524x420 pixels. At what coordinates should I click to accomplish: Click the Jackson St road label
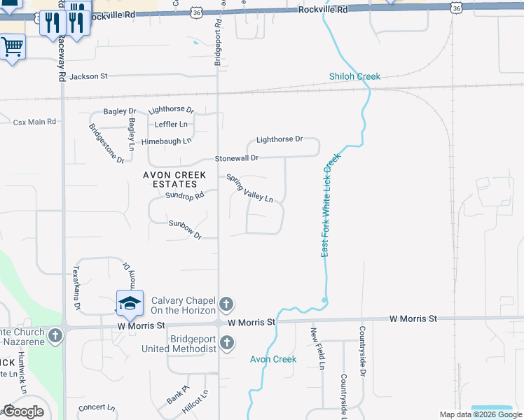[88, 76]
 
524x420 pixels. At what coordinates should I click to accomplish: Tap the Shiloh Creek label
[354, 76]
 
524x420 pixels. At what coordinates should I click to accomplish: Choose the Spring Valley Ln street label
[249, 188]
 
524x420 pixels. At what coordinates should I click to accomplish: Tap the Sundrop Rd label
[184, 195]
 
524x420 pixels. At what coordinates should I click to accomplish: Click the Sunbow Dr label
[185, 229]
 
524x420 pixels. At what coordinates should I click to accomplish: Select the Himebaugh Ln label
[166, 141]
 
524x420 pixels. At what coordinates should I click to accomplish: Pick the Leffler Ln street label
[171, 125]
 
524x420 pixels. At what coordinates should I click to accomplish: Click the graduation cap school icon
[130, 302]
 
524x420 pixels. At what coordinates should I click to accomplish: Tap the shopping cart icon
[12, 47]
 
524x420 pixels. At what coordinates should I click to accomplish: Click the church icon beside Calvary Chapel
[226, 304]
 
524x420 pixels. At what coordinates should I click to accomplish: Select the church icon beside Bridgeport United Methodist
[226, 342]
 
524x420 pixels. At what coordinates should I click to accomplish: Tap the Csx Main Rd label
[34, 122]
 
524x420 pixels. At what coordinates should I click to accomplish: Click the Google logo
[24, 412]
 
